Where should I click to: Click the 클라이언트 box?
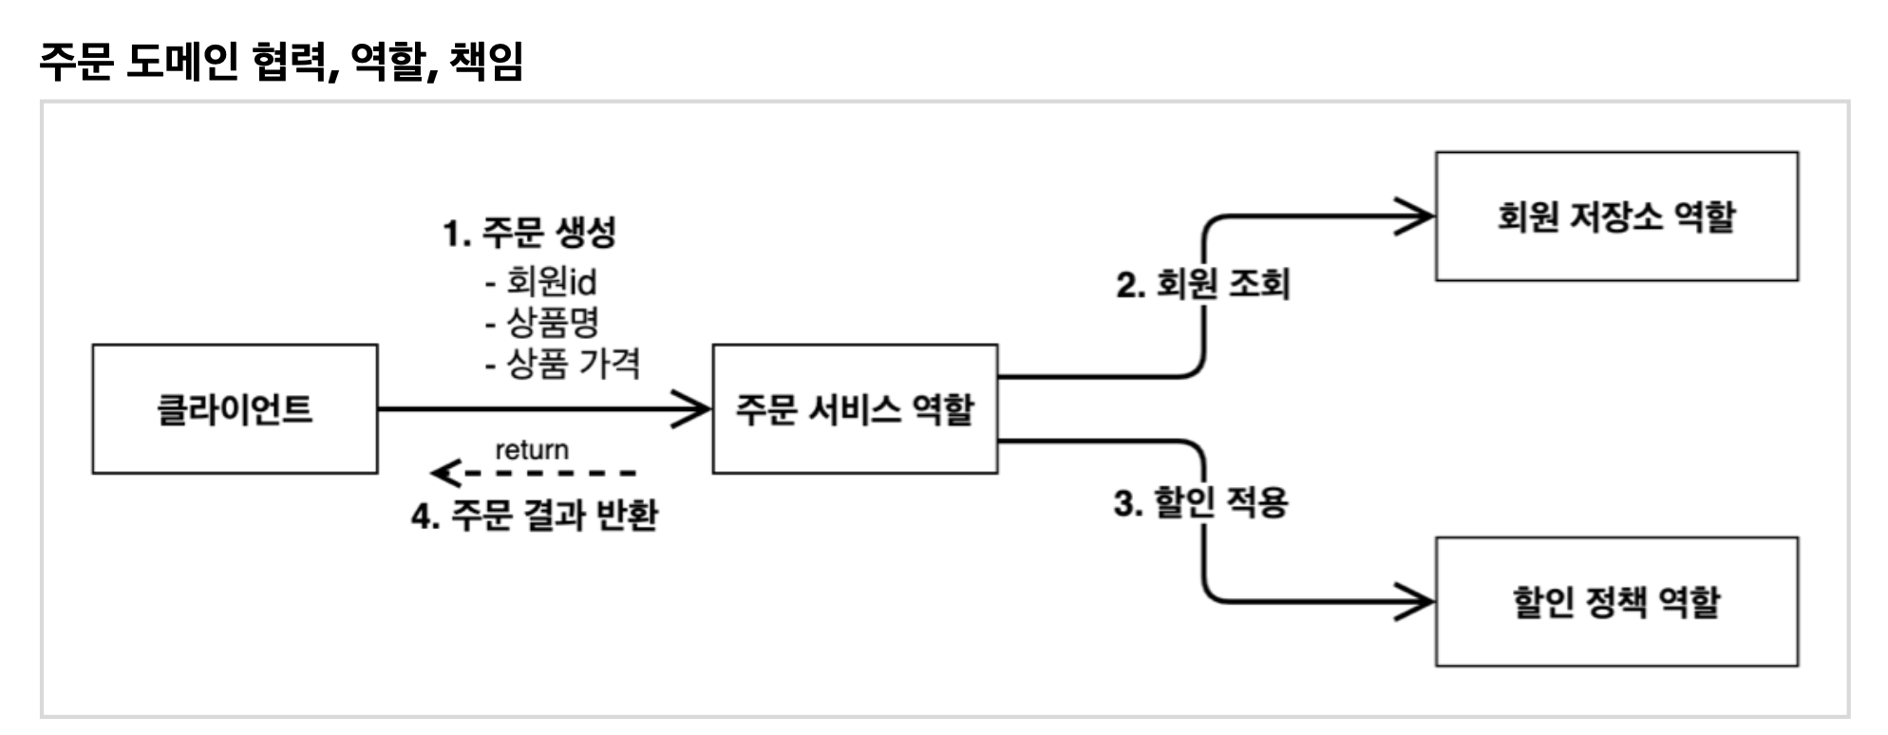(235, 409)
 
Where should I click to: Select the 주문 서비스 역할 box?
(855, 409)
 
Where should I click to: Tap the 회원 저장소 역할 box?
(1615, 217)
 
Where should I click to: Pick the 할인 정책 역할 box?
(1615, 602)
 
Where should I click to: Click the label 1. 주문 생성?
(530, 232)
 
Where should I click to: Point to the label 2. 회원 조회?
(1203, 284)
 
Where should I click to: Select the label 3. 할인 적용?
(1201, 502)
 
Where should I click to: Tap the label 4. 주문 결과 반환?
(535, 516)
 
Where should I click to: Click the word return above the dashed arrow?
(532, 449)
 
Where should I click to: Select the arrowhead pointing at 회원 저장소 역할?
(1417, 217)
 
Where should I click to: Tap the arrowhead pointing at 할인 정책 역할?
(1417, 602)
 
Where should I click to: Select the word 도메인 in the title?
(181, 61)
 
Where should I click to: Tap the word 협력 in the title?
(295, 61)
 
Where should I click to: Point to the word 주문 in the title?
(77, 61)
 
